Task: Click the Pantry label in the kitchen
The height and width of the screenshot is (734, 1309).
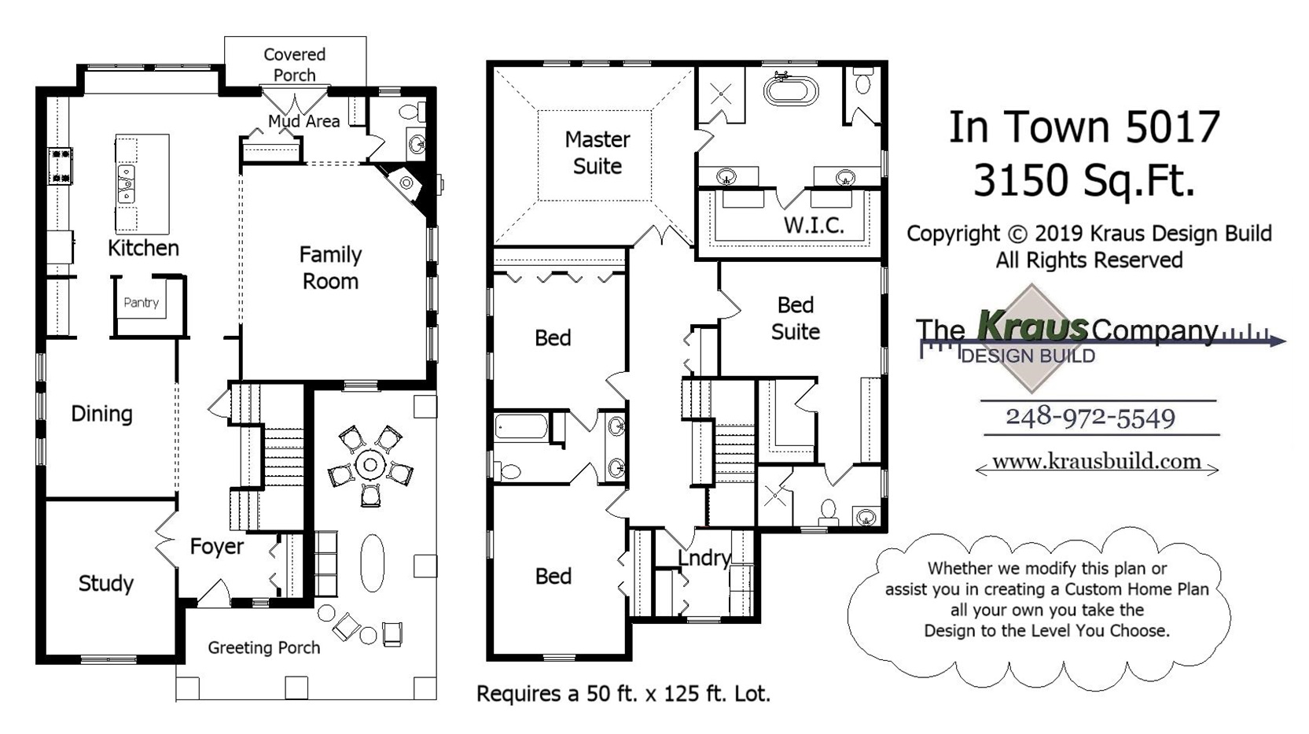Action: pyautogui.click(x=142, y=302)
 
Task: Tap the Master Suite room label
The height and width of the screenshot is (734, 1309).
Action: pyautogui.click(x=598, y=153)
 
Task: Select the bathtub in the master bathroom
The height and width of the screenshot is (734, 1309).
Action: pyautogui.click(x=791, y=90)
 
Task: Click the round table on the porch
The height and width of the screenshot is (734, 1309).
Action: pyautogui.click(x=369, y=465)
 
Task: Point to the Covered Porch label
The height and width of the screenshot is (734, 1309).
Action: pyautogui.click(x=295, y=65)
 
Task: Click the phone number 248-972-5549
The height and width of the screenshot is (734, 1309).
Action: pyautogui.click(x=1090, y=417)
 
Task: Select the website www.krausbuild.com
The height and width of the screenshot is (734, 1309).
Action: pyautogui.click(x=1096, y=462)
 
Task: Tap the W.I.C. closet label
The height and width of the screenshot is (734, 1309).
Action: pyautogui.click(x=814, y=225)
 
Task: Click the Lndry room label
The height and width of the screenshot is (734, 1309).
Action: pyautogui.click(x=704, y=558)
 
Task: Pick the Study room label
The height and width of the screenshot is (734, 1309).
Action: pyautogui.click(x=106, y=584)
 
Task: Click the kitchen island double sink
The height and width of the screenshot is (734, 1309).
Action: pyautogui.click(x=126, y=183)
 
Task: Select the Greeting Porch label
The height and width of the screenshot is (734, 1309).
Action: pyautogui.click(x=264, y=647)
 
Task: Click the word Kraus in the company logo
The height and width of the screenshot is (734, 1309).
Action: pyautogui.click(x=1031, y=326)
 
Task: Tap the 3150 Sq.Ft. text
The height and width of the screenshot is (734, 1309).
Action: pyautogui.click(x=1083, y=181)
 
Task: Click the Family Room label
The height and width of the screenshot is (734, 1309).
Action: pyautogui.click(x=330, y=267)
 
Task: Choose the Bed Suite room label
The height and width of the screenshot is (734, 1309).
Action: pyautogui.click(x=796, y=318)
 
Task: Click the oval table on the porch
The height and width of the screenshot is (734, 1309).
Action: pyautogui.click(x=373, y=562)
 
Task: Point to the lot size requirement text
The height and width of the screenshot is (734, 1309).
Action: pyautogui.click(x=623, y=694)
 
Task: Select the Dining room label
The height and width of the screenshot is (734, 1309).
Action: pyautogui.click(x=101, y=414)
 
